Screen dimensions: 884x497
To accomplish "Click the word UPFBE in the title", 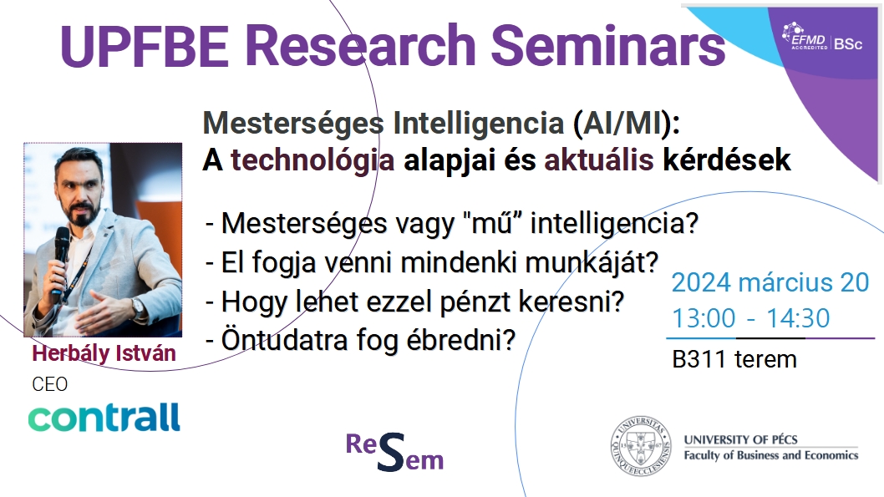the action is [x=145, y=46].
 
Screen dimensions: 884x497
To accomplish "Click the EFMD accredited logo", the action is [x=805, y=37].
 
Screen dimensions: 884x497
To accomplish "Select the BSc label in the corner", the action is [x=848, y=43].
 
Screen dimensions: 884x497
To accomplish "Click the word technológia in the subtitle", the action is [x=312, y=160].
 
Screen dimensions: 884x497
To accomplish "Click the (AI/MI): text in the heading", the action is [x=627, y=123].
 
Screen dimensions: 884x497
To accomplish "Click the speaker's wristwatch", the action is [x=138, y=307].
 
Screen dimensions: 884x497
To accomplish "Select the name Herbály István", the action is [x=104, y=353].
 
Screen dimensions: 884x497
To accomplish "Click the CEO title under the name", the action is [x=49, y=384].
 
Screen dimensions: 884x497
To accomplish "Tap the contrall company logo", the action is [x=104, y=417].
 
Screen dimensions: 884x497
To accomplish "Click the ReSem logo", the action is [x=394, y=452].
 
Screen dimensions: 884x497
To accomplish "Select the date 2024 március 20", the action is [x=770, y=282].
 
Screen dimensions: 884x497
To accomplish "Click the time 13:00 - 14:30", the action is [x=751, y=318].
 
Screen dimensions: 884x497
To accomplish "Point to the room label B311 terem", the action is [x=734, y=359].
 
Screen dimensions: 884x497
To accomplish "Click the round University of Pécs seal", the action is [x=641, y=446].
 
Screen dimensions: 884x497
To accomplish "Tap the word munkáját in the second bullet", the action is [x=592, y=262].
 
